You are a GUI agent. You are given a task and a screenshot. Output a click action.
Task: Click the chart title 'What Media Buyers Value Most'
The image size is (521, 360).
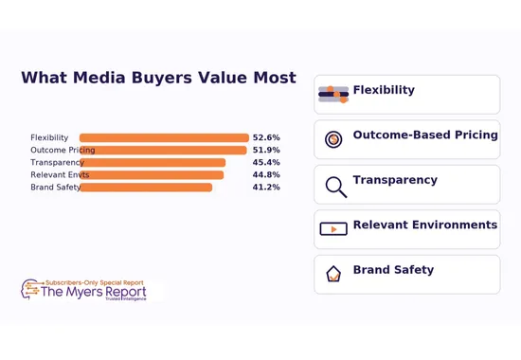[158, 79]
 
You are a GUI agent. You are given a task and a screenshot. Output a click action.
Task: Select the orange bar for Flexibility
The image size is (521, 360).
[164, 138]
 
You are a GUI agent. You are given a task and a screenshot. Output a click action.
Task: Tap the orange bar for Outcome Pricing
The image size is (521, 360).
[163, 151]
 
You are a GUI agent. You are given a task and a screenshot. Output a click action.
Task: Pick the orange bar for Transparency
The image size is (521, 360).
[153, 163]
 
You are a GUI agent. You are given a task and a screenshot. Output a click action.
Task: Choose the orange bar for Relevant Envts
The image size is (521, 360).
[152, 175]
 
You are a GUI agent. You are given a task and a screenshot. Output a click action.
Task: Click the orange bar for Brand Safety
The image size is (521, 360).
[146, 188]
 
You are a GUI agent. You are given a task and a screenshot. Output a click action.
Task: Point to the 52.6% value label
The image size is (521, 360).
[265, 138]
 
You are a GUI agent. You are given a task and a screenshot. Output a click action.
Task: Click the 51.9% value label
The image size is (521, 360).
[265, 151]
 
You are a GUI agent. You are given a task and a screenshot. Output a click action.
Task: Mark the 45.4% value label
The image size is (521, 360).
[265, 163]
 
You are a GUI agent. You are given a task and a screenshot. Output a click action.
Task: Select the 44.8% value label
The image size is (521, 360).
[265, 175]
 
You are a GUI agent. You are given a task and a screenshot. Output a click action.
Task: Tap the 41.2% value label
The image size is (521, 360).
[265, 188]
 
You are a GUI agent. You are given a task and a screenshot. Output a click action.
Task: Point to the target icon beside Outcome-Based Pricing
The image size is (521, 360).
[333, 139]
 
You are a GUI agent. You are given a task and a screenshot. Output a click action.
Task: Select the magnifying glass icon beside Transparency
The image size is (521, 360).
[335, 186]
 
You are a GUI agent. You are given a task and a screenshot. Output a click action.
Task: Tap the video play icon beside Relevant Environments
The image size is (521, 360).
[333, 229]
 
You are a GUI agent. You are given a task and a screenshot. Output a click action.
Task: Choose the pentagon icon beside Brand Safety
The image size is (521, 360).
[333, 274]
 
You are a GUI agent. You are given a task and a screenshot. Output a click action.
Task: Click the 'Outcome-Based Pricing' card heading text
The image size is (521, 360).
[425, 135]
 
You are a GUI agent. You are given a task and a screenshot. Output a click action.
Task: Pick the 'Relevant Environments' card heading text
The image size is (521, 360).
[424, 225]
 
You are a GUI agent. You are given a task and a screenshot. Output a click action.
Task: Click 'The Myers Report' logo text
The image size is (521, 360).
[93, 293]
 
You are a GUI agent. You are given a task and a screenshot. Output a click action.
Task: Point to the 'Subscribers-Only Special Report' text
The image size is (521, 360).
[96, 282]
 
